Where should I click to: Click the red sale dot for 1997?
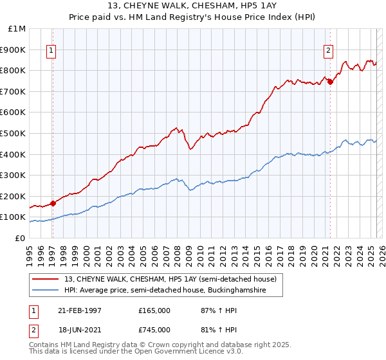[53, 203]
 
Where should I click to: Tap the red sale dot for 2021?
[330, 82]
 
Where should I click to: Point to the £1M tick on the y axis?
[17, 29]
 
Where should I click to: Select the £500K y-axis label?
[14, 133]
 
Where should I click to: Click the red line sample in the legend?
[46, 279]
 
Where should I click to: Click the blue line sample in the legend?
[46, 291]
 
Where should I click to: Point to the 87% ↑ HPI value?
[210, 310]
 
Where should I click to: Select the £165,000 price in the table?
[154, 310]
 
